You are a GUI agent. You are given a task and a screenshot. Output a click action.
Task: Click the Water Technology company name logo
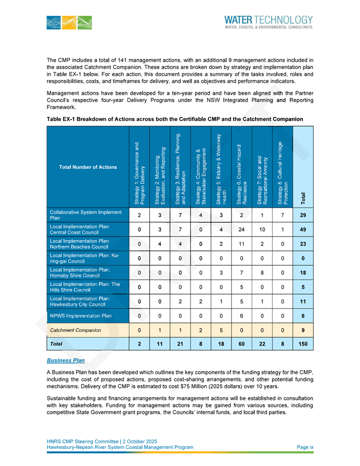click(x=272, y=21)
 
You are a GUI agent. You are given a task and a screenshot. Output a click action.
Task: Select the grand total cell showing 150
click(x=303, y=345)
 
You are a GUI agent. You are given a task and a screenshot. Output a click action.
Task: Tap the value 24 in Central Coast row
click(x=241, y=230)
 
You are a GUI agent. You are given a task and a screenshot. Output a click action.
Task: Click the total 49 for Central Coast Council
click(x=303, y=230)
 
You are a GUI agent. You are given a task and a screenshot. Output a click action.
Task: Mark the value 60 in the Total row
click(x=241, y=345)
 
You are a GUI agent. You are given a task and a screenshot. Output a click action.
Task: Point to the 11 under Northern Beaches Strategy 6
click(x=241, y=245)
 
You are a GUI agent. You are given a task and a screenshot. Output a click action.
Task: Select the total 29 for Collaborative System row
click(x=303, y=215)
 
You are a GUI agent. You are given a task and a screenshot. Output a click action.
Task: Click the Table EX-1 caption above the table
click(x=175, y=119)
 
